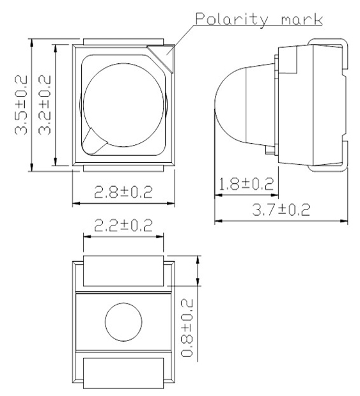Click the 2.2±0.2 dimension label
coord(123,225)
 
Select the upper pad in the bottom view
coord(123,270)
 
